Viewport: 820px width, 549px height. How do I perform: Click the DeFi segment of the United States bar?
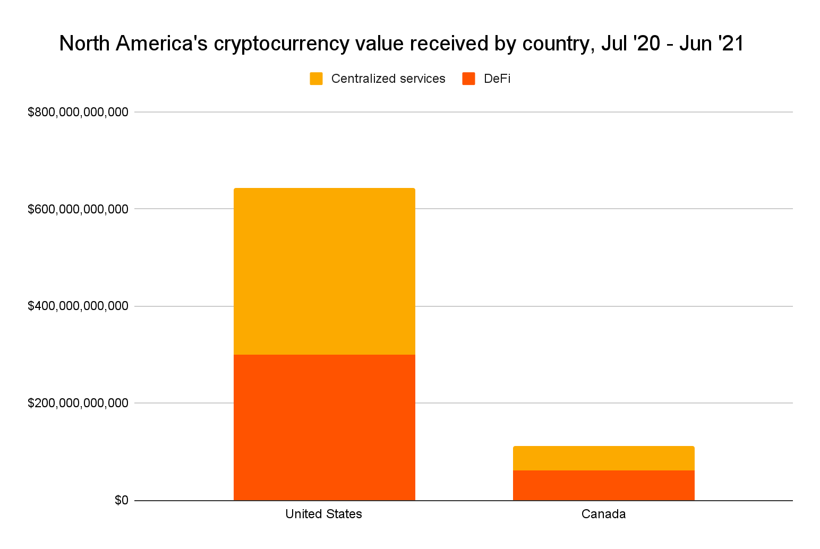point(324,427)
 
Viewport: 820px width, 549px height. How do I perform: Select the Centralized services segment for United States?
point(324,271)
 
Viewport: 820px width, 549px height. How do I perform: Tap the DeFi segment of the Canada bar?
point(603,485)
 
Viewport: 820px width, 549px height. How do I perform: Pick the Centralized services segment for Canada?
point(603,458)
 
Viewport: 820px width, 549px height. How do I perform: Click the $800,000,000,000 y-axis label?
point(78,112)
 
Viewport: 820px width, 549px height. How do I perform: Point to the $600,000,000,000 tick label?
point(78,209)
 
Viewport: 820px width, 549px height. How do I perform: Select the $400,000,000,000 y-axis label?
point(78,306)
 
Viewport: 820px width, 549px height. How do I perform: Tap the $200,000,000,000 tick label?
point(78,403)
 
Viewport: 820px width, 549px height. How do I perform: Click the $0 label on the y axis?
point(121,500)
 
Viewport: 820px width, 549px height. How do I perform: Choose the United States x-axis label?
point(323,514)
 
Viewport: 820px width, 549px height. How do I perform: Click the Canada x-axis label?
point(603,514)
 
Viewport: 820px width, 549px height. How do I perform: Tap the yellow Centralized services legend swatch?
point(316,79)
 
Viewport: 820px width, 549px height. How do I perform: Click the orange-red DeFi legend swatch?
point(468,79)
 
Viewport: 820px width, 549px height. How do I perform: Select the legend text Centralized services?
point(388,79)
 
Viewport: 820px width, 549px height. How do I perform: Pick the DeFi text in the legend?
point(497,79)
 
